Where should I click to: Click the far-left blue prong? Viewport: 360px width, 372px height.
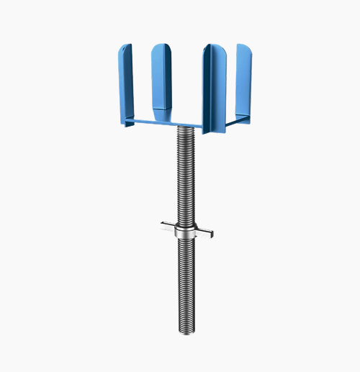[127, 83]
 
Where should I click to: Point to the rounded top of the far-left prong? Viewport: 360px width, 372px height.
[127, 47]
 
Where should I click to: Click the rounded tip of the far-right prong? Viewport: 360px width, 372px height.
[244, 47]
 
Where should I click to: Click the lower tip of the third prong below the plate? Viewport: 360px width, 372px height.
[215, 131]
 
